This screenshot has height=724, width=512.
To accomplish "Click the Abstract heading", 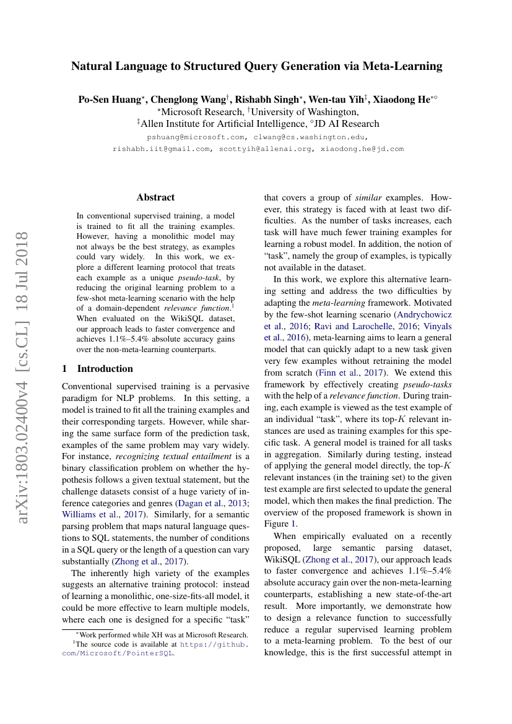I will click(x=155, y=197).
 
